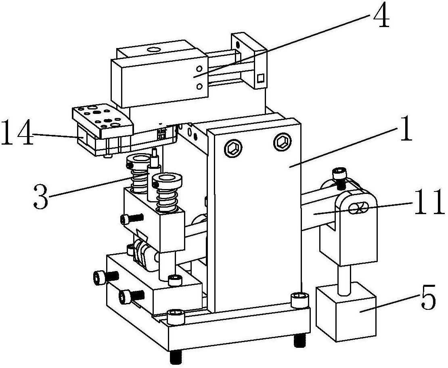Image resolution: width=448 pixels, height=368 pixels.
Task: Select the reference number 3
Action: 41,197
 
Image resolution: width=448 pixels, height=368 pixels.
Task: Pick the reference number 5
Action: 429,297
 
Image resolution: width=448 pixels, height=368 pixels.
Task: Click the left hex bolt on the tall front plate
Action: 233,148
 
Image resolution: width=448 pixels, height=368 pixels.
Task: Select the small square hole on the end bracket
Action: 260,78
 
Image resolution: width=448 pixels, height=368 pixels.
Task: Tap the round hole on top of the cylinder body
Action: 154,50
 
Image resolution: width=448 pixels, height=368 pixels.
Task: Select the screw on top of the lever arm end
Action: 339,179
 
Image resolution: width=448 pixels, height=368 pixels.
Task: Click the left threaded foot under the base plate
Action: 175,356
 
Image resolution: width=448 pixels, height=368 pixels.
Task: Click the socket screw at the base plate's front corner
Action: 175,317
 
